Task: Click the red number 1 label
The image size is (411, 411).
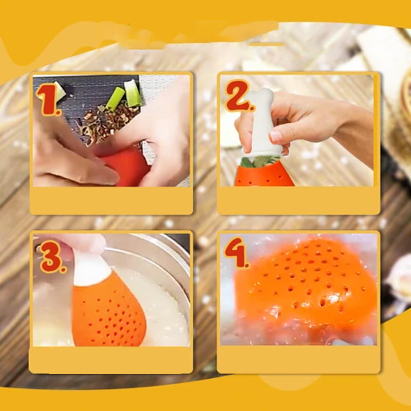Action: [49, 99]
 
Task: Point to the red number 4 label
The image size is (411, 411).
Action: [236, 252]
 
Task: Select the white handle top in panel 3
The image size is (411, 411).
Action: [90, 270]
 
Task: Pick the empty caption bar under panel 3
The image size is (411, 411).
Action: [111, 360]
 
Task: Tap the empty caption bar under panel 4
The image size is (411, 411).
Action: [298, 359]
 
